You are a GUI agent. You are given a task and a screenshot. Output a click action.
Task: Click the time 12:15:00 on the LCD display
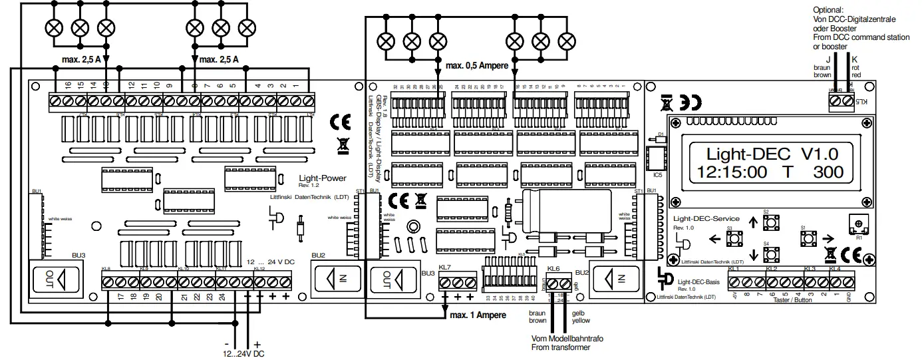(733, 172)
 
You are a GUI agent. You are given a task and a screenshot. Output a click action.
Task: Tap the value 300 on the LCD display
(828, 172)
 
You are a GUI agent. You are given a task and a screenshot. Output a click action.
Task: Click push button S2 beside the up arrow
(766, 220)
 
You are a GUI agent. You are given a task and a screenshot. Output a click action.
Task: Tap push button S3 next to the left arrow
(729, 237)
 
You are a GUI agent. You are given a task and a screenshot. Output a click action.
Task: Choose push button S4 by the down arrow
(766, 253)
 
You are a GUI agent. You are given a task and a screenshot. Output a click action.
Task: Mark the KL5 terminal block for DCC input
(840, 101)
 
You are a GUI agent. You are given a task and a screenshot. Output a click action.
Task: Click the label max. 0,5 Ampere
(476, 66)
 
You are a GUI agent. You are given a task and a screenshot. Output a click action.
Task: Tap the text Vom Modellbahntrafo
(567, 339)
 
